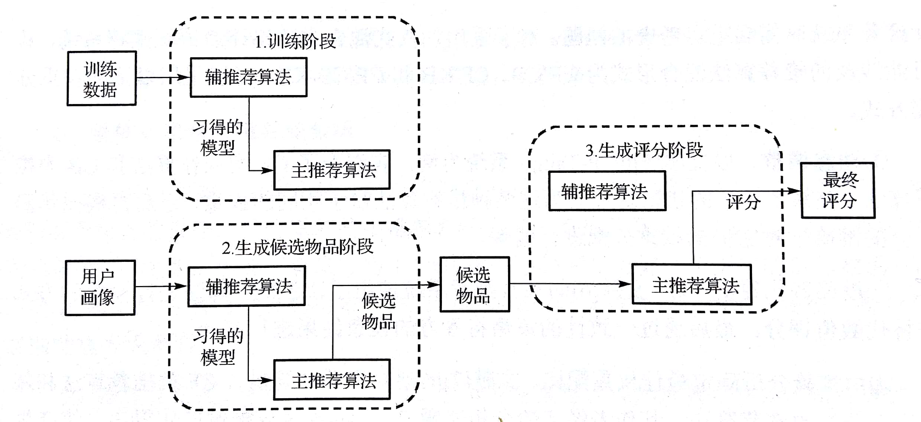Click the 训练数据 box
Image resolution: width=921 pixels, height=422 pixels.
point(101,78)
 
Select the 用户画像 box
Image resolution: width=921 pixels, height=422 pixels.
point(100,288)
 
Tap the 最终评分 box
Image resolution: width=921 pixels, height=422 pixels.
point(838,190)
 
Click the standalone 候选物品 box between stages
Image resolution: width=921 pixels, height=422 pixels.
point(474,285)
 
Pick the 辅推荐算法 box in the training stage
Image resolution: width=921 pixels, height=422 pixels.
point(248,77)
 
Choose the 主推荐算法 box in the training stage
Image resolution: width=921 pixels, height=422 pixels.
point(332,170)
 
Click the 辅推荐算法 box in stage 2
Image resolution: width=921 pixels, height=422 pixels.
point(247,286)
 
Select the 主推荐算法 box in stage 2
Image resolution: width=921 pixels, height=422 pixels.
point(332,380)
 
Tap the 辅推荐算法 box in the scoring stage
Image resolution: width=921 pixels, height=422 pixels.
point(607,191)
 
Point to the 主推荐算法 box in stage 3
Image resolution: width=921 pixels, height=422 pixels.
point(691,285)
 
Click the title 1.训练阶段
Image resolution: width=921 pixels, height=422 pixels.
point(295,42)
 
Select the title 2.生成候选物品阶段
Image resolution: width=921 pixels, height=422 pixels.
point(297,247)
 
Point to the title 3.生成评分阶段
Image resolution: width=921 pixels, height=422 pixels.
point(644,150)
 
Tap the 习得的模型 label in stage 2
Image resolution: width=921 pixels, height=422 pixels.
point(218,347)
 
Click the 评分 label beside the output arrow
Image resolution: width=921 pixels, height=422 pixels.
point(743,202)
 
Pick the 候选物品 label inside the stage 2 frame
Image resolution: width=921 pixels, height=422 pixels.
point(378,311)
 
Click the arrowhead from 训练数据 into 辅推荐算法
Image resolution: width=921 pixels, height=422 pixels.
point(184,78)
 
